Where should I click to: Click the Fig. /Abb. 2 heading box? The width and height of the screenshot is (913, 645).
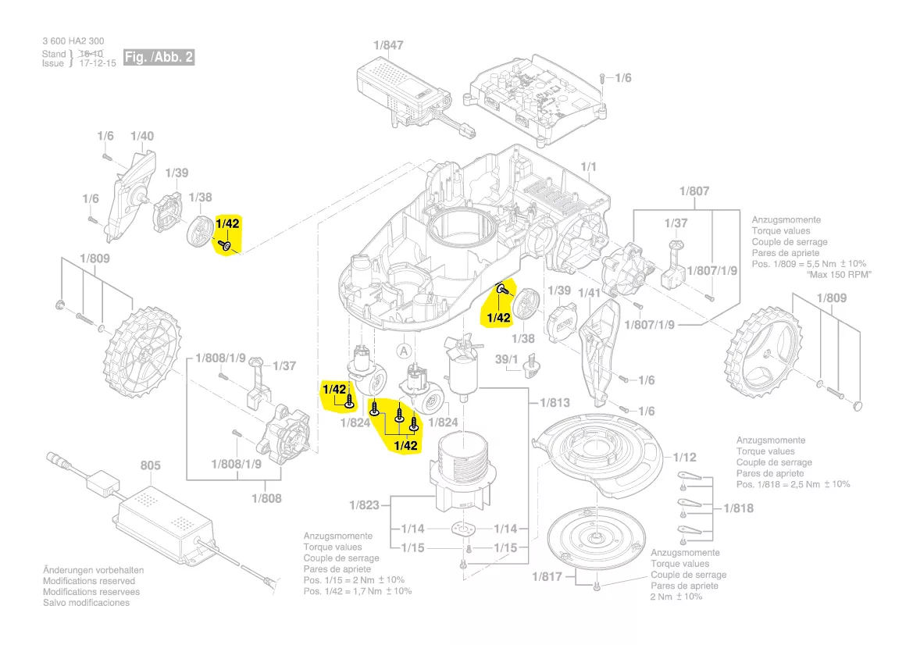(159, 57)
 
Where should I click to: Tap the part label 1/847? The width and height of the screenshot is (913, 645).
(388, 45)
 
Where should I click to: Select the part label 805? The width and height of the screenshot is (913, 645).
(150, 466)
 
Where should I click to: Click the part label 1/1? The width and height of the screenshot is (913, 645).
(589, 167)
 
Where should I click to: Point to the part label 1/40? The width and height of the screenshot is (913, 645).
(142, 136)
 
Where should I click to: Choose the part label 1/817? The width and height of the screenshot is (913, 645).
(547, 577)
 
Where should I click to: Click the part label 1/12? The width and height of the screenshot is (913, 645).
(684, 457)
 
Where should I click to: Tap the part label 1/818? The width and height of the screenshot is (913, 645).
(739, 508)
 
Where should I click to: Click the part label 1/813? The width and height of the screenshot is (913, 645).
(555, 403)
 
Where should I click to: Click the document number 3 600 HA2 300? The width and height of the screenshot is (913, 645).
(73, 41)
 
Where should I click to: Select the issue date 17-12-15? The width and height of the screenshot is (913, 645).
(98, 63)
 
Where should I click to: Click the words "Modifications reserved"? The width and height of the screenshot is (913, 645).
(88, 581)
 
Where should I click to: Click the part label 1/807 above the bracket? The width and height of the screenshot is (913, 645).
(694, 191)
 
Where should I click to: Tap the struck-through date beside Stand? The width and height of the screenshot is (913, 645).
(98, 53)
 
